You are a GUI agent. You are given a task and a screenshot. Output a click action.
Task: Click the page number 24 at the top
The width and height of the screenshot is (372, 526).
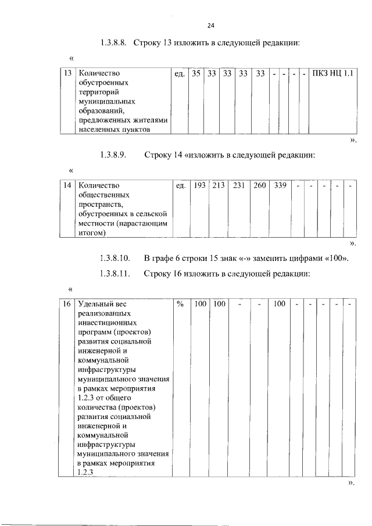click(211, 26)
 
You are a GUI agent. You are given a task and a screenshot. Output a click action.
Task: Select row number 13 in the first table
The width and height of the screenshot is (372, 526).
click(68, 74)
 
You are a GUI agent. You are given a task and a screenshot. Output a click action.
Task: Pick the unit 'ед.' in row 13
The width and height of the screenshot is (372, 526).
click(180, 74)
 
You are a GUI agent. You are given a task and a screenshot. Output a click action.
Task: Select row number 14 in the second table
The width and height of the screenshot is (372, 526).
click(68, 185)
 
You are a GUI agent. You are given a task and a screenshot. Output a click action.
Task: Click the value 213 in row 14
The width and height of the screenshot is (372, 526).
click(219, 185)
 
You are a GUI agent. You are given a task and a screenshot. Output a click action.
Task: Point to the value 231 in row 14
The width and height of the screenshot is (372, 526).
click(239, 185)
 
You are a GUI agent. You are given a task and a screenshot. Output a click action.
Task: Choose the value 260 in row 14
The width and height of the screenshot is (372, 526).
click(259, 185)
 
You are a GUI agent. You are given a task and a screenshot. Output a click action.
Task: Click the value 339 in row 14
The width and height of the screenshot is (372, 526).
click(280, 185)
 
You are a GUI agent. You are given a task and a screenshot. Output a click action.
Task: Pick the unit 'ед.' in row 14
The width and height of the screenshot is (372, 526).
click(181, 185)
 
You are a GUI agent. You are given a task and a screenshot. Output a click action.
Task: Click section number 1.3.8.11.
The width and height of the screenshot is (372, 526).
click(116, 273)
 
